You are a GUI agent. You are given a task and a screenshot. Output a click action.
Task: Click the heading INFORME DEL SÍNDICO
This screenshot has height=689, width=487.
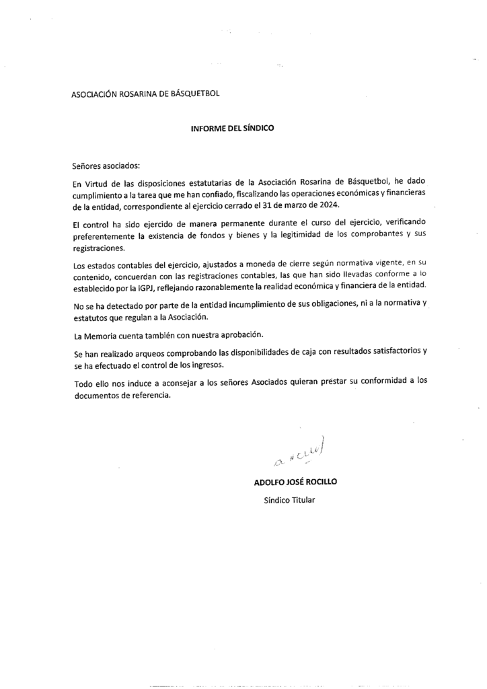tap(233, 128)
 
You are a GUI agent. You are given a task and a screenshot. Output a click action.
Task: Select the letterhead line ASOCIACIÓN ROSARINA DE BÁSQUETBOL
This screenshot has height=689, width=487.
tap(145, 94)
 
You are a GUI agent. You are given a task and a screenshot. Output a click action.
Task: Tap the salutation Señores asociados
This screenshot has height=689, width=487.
tap(104, 164)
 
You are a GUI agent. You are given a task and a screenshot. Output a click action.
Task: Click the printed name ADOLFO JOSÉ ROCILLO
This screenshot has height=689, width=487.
tap(295, 482)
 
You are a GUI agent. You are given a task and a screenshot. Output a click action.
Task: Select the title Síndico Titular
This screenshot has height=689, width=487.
tap(289, 500)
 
